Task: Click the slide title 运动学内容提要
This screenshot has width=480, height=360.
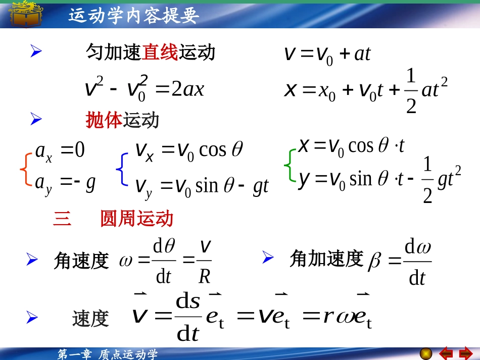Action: [x=134, y=16]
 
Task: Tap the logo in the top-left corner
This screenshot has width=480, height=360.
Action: [x=26, y=14]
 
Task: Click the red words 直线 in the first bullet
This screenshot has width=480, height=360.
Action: [x=160, y=53]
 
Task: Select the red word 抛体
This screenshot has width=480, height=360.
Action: [x=104, y=120]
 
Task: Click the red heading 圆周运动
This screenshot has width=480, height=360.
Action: [x=136, y=219]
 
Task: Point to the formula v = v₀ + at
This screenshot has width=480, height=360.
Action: [x=327, y=54]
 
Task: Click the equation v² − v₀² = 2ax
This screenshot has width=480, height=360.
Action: [x=145, y=89]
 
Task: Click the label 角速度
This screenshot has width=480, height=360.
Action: [x=81, y=261]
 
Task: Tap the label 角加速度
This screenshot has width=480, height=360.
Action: [x=326, y=259]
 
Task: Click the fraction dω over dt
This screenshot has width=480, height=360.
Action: [x=417, y=263]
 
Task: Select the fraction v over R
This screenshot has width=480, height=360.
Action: [x=205, y=262]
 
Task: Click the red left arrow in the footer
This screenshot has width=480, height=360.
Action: [x=446, y=353]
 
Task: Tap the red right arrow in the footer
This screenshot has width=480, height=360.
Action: [x=465, y=353]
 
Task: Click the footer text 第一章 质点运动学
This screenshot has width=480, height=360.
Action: [x=108, y=354]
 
